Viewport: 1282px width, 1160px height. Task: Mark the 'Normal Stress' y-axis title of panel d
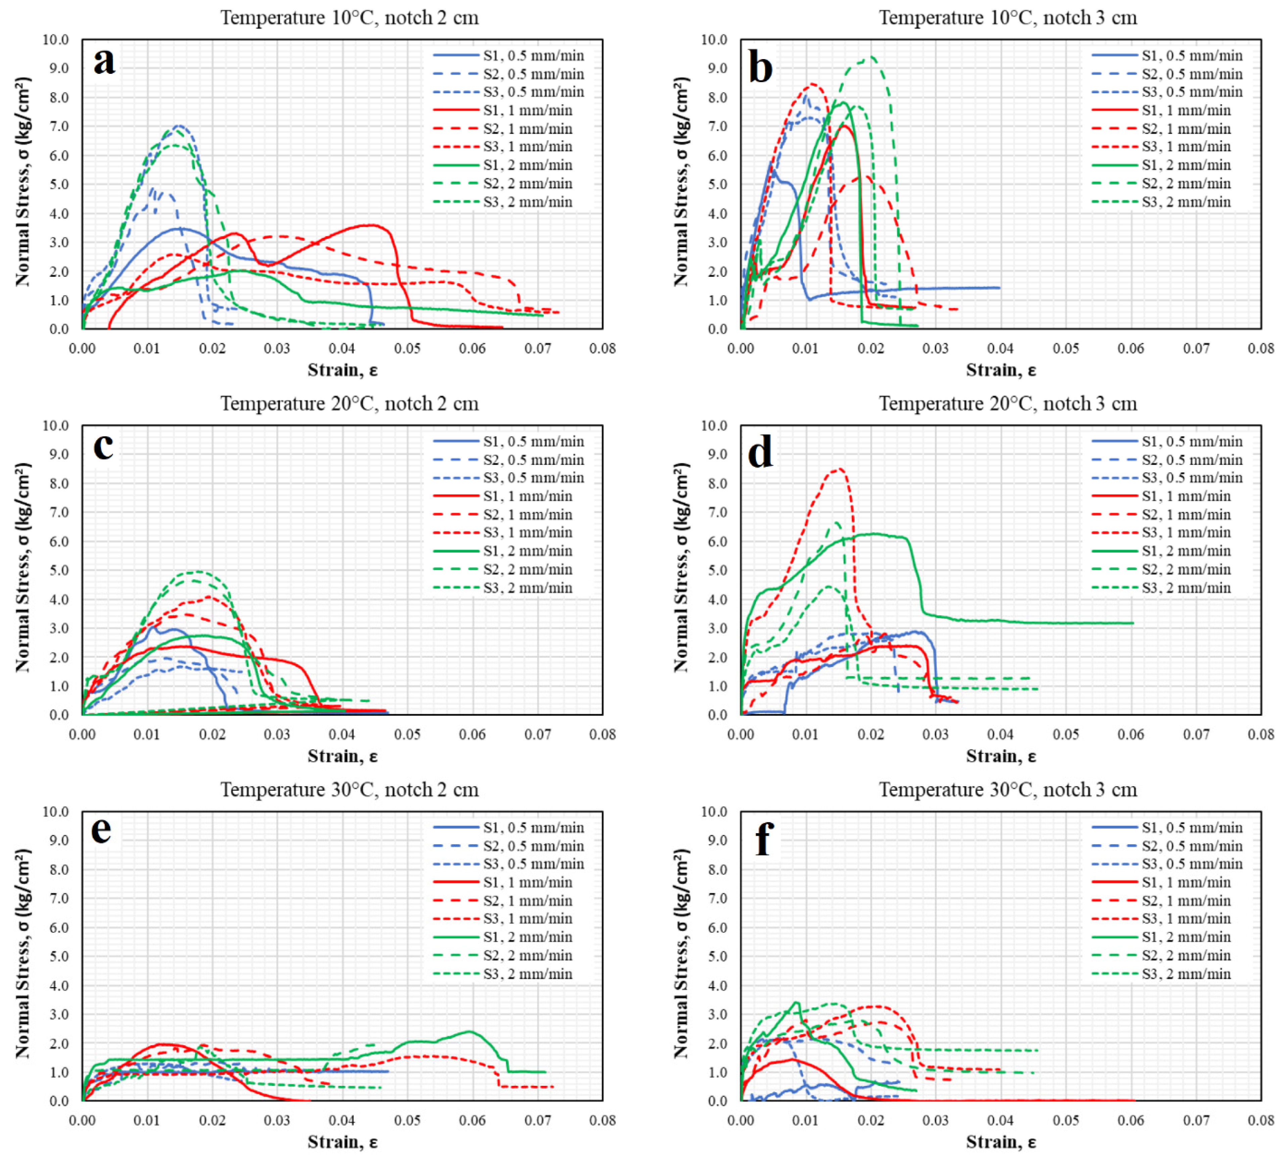681,567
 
